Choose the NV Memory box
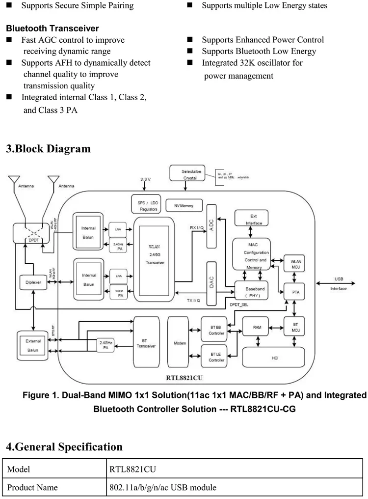point(180,205)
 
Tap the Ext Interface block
point(253,220)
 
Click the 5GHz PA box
point(120,293)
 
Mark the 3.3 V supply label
point(145,180)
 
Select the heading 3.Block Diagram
point(48,148)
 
